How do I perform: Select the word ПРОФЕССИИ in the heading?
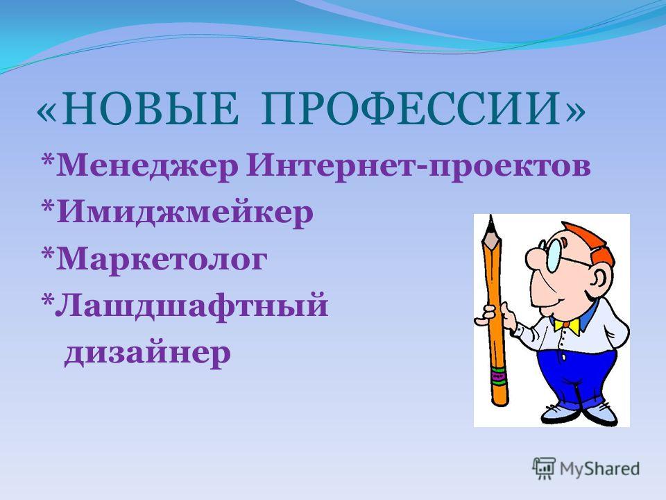click(x=409, y=109)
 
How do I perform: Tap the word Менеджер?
click(x=147, y=166)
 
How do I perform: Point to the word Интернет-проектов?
click(x=418, y=166)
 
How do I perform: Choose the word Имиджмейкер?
click(x=185, y=212)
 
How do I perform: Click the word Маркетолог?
click(x=162, y=258)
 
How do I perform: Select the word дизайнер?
click(x=148, y=352)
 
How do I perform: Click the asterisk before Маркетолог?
click(x=48, y=253)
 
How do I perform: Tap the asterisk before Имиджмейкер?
click(x=48, y=207)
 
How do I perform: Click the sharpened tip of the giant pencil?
click(x=491, y=216)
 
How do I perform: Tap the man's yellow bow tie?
click(x=567, y=326)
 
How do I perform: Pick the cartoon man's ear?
click(x=599, y=279)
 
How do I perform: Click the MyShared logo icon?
click(x=544, y=469)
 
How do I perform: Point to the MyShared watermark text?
click(x=599, y=469)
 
